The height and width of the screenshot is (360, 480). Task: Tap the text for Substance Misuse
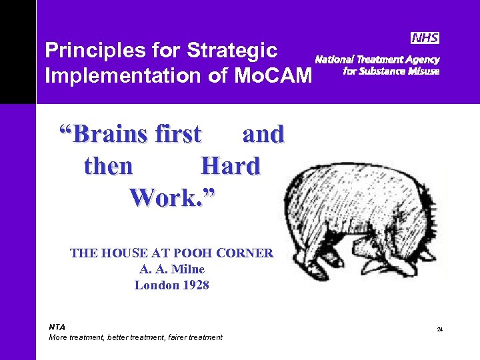point(391,71)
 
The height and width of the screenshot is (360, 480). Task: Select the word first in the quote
point(177,135)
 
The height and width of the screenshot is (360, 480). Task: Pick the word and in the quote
point(263,135)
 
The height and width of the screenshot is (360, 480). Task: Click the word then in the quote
point(108,166)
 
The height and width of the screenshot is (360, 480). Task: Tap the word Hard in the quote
point(230,166)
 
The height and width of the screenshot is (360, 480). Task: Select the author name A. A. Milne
point(171,269)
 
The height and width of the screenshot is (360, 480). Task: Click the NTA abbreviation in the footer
point(57,327)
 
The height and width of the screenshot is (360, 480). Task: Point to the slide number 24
point(440,329)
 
